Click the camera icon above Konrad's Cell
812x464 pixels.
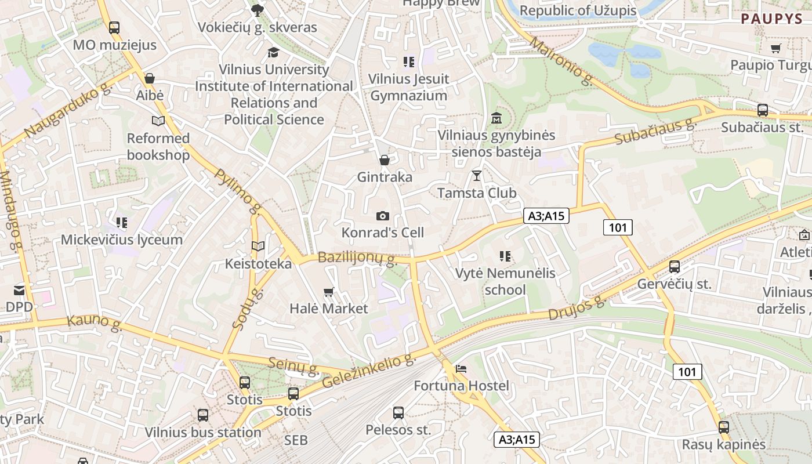coord(383,216)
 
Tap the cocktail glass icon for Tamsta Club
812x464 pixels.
coord(477,175)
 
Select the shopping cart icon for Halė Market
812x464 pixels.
coord(329,292)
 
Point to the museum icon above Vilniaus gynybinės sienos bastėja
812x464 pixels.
coord(496,119)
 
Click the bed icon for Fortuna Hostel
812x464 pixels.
coord(461,369)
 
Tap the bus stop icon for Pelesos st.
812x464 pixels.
coord(398,413)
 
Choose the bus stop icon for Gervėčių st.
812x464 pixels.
coord(674,267)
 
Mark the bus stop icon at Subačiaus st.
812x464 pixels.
coord(763,110)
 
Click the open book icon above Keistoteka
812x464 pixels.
coord(258,246)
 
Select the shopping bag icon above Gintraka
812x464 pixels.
coord(384,160)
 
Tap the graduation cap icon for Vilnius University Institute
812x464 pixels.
coord(273,53)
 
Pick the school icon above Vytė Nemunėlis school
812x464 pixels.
coord(505,256)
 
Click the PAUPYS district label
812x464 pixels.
coord(771,19)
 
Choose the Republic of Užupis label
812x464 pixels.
coord(578,10)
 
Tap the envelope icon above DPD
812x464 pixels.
coord(19,290)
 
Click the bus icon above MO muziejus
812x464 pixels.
coord(114,27)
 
